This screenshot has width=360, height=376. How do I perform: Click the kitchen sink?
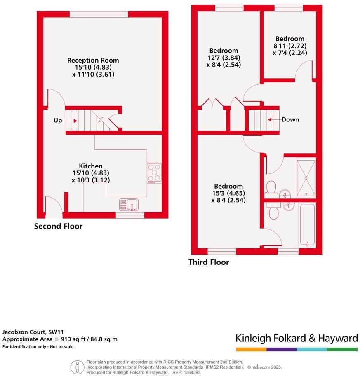(129, 204)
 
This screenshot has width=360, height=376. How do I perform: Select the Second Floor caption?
(58, 226)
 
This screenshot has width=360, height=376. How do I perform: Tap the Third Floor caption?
(209, 262)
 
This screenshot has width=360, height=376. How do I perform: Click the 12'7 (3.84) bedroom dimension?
(224, 58)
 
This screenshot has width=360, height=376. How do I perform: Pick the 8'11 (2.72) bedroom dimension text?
(289, 46)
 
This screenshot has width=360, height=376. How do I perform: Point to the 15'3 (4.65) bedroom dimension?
(227, 193)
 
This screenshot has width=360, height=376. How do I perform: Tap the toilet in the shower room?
(271, 188)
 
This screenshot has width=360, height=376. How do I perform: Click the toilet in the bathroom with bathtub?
(273, 213)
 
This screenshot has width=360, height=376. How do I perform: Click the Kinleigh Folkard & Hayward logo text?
(296, 339)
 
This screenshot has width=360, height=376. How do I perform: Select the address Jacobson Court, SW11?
(33, 332)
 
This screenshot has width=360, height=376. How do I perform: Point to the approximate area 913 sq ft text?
(60, 339)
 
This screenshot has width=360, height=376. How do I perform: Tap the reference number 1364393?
(191, 372)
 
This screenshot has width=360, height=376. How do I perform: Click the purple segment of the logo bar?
(282, 349)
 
